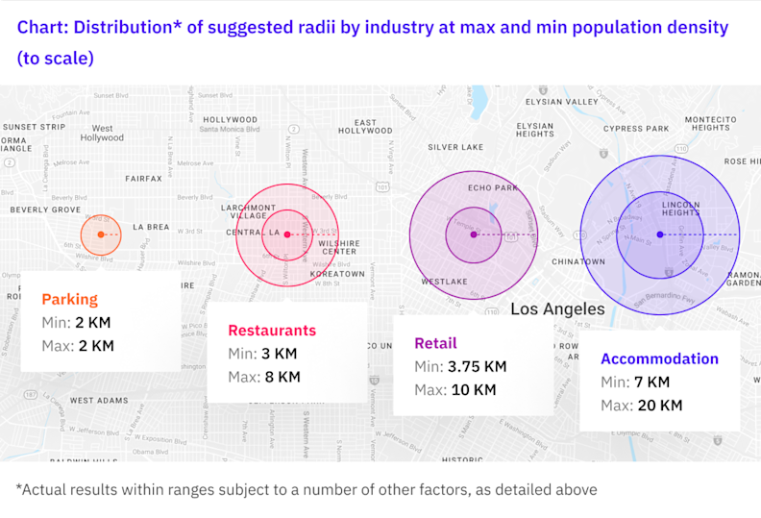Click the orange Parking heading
(69, 300)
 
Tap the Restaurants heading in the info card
(272, 331)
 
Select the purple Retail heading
(435, 343)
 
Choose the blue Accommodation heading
(659, 358)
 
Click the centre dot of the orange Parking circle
(101, 234)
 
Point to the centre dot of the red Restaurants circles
(286, 234)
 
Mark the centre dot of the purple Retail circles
(473, 234)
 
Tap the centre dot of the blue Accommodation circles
(659, 234)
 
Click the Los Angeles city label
(557, 309)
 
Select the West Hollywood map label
(102, 133)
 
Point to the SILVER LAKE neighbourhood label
(455, 147)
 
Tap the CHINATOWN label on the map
(578, 261)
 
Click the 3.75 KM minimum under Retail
(475, 366)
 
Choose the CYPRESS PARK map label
(635, 128)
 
